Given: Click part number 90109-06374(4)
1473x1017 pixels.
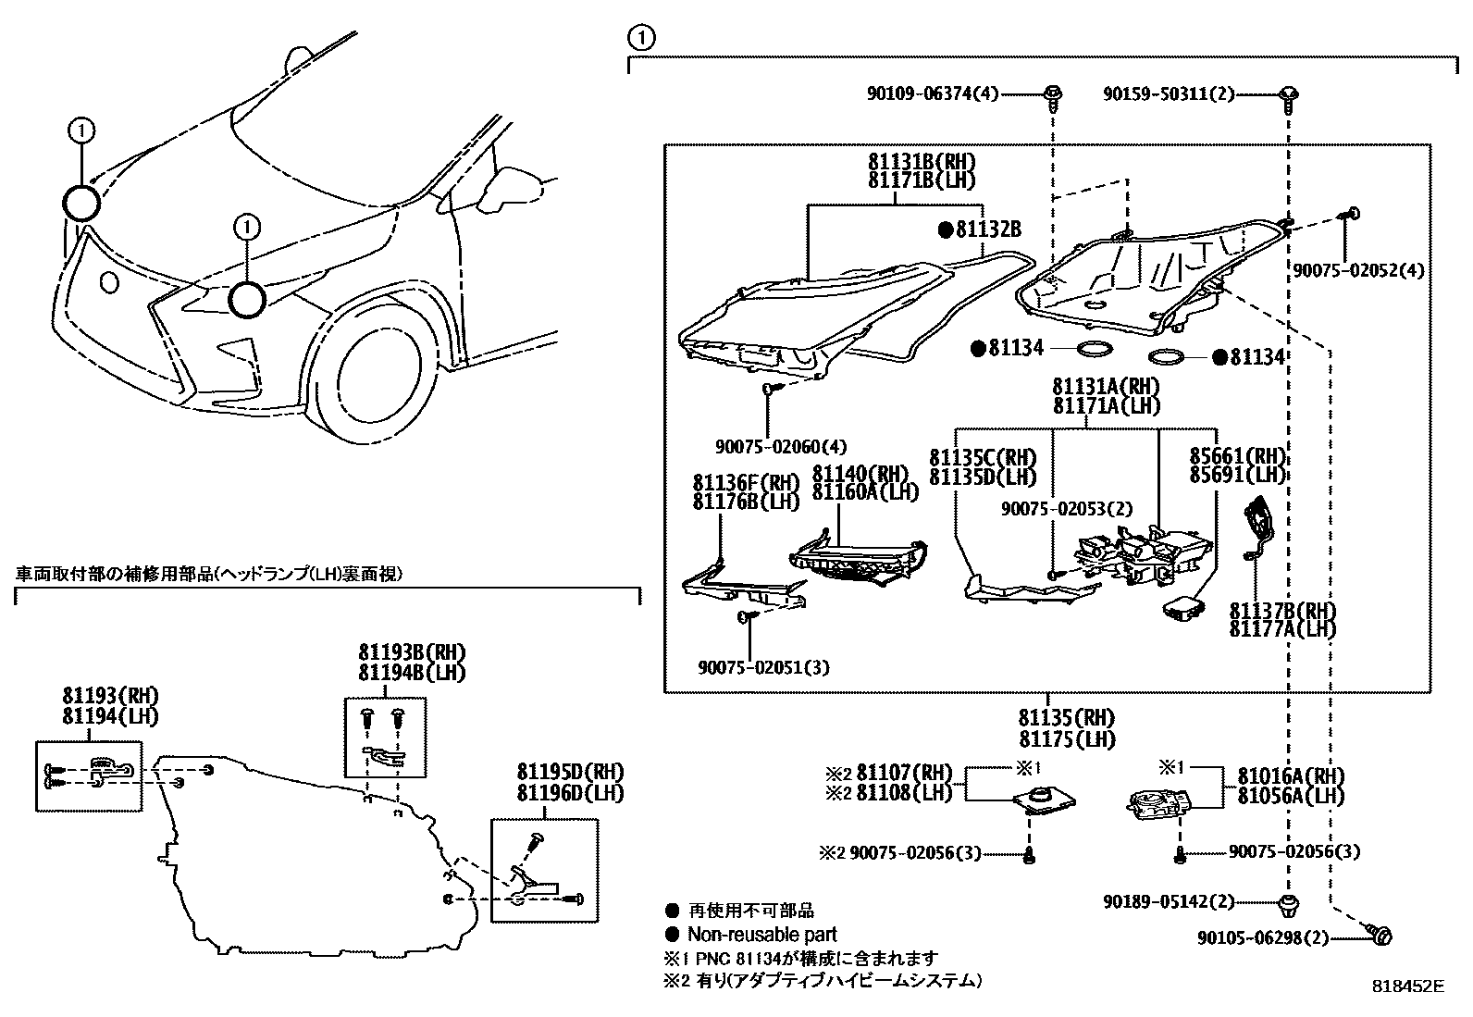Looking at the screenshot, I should pos(933,93).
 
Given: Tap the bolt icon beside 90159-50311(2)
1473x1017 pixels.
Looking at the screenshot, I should pos(1288,93).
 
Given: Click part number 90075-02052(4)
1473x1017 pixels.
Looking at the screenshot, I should pos(1357,269).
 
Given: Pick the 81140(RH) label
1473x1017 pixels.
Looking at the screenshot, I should pos(860,474).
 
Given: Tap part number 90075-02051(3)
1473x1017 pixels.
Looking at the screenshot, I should pos(764,665).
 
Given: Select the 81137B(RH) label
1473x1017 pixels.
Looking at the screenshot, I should pos(1282,611).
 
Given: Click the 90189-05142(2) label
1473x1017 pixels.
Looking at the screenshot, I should pos(1169,901).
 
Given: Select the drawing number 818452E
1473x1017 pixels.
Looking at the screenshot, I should pos(1407,986).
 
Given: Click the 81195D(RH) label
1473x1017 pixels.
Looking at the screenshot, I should pos(570,773).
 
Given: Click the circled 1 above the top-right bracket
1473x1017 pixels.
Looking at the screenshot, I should pos(640,38).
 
